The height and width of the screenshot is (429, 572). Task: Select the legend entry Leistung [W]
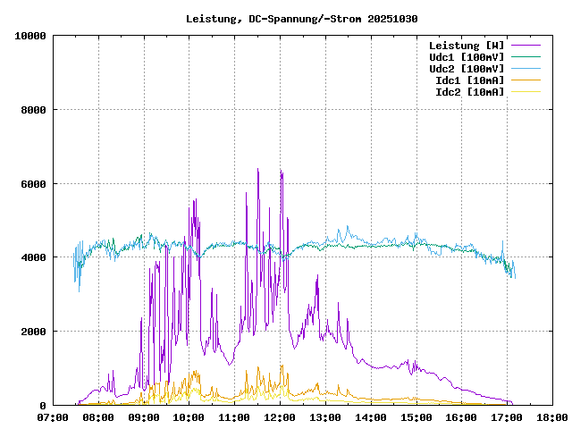(x=467, y=46)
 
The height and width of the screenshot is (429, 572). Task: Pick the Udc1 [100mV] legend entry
(x=467, y=57)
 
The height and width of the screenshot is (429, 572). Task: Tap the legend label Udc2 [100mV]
(x=467, y=69)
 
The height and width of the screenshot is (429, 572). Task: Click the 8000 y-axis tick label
(x=33, y=110)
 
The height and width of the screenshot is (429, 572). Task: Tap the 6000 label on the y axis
(x=33, y=184)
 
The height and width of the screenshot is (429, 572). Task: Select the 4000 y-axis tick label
(x=33, y=257)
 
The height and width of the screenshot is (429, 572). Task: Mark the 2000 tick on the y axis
(x=33, y=332)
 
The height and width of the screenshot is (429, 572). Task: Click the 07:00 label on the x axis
(x=53, y=416)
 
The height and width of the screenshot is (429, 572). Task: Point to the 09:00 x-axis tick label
(x=144, y=416)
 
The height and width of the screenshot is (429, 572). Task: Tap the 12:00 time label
(x=280, y=416)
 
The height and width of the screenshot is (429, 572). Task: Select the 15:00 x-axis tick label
(x=416, y=416)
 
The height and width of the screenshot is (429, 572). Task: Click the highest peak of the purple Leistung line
(x=258, y=169)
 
